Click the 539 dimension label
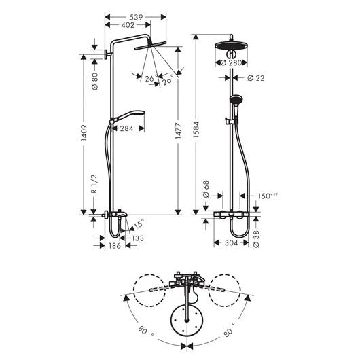click(136, 17)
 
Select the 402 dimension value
click(128, 25)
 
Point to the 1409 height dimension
click(84, 132)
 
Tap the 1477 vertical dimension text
click(178, 130)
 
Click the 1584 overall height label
click(196, 130)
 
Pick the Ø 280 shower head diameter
click(231, 62)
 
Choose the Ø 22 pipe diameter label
click(256, 78)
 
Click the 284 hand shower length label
click(126, 128)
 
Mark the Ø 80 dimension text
click(94, 81)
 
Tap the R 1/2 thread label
click(94, 184)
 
